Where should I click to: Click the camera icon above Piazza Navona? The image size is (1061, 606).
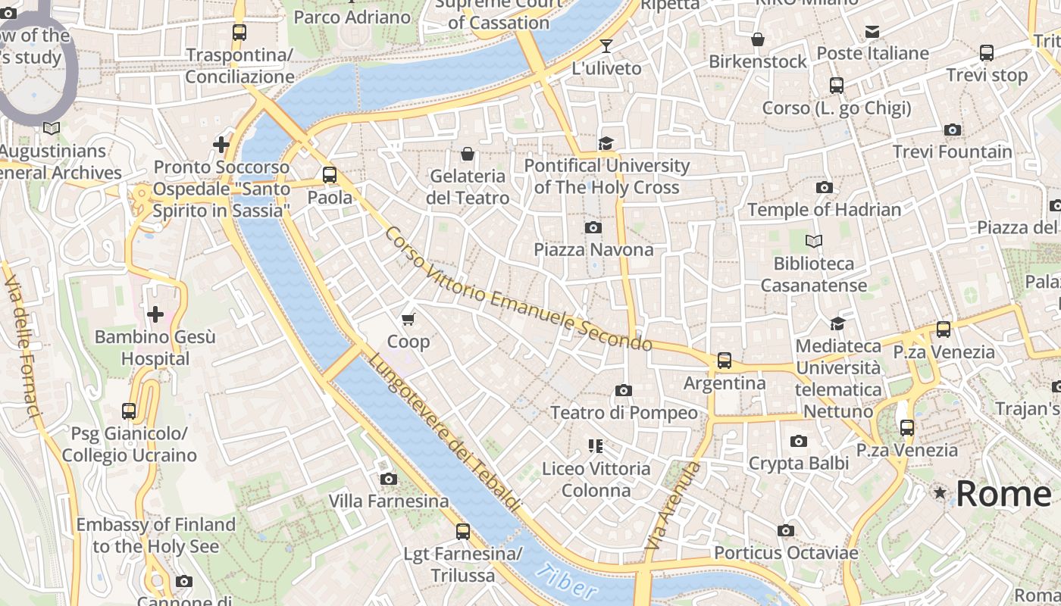pyautogui.click(x=593, y=227)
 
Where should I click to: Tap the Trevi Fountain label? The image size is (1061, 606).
pyautogui.click(x=952, y=151)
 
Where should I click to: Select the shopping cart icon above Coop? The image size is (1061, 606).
pyautogui.click(x=408, y=320)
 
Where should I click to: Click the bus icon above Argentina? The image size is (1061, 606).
pyautogui.click(x=725, y=361)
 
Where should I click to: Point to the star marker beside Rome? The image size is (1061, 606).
pyautogui.click(x=941, y=493)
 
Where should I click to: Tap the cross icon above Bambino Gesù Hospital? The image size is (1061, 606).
pyautogui.click(x=155, y=314)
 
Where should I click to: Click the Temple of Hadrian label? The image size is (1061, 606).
pyautogui.click(x=824, y=209)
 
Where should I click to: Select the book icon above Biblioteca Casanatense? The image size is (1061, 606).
pyautogui.click(x=814, y=242)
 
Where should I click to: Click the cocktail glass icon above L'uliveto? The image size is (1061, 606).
pyautogui.click(x=606, y=46)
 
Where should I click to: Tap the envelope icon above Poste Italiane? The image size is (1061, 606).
pyautogui.click(x=872, y=32)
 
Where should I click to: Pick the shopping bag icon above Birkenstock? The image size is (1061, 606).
pyautogui.click(x=757, y=39)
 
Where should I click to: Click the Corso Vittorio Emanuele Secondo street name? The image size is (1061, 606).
pyautogui.click(x=518, y=289)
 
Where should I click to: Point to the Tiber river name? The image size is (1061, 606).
pyautogui.click(x=565, y=582)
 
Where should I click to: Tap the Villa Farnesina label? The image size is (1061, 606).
pyautogui.click(x=388, y=501)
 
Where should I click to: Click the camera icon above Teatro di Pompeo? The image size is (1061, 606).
pyautogui.click(x=624, y=391)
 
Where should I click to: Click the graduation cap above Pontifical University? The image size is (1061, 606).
pyautogui.click(x=606, y=144)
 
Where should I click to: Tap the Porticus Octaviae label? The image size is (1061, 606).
pyautogui.click(x=785, y=553)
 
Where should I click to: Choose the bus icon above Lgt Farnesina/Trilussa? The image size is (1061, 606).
pyautogui.click(x=463, y=532)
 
